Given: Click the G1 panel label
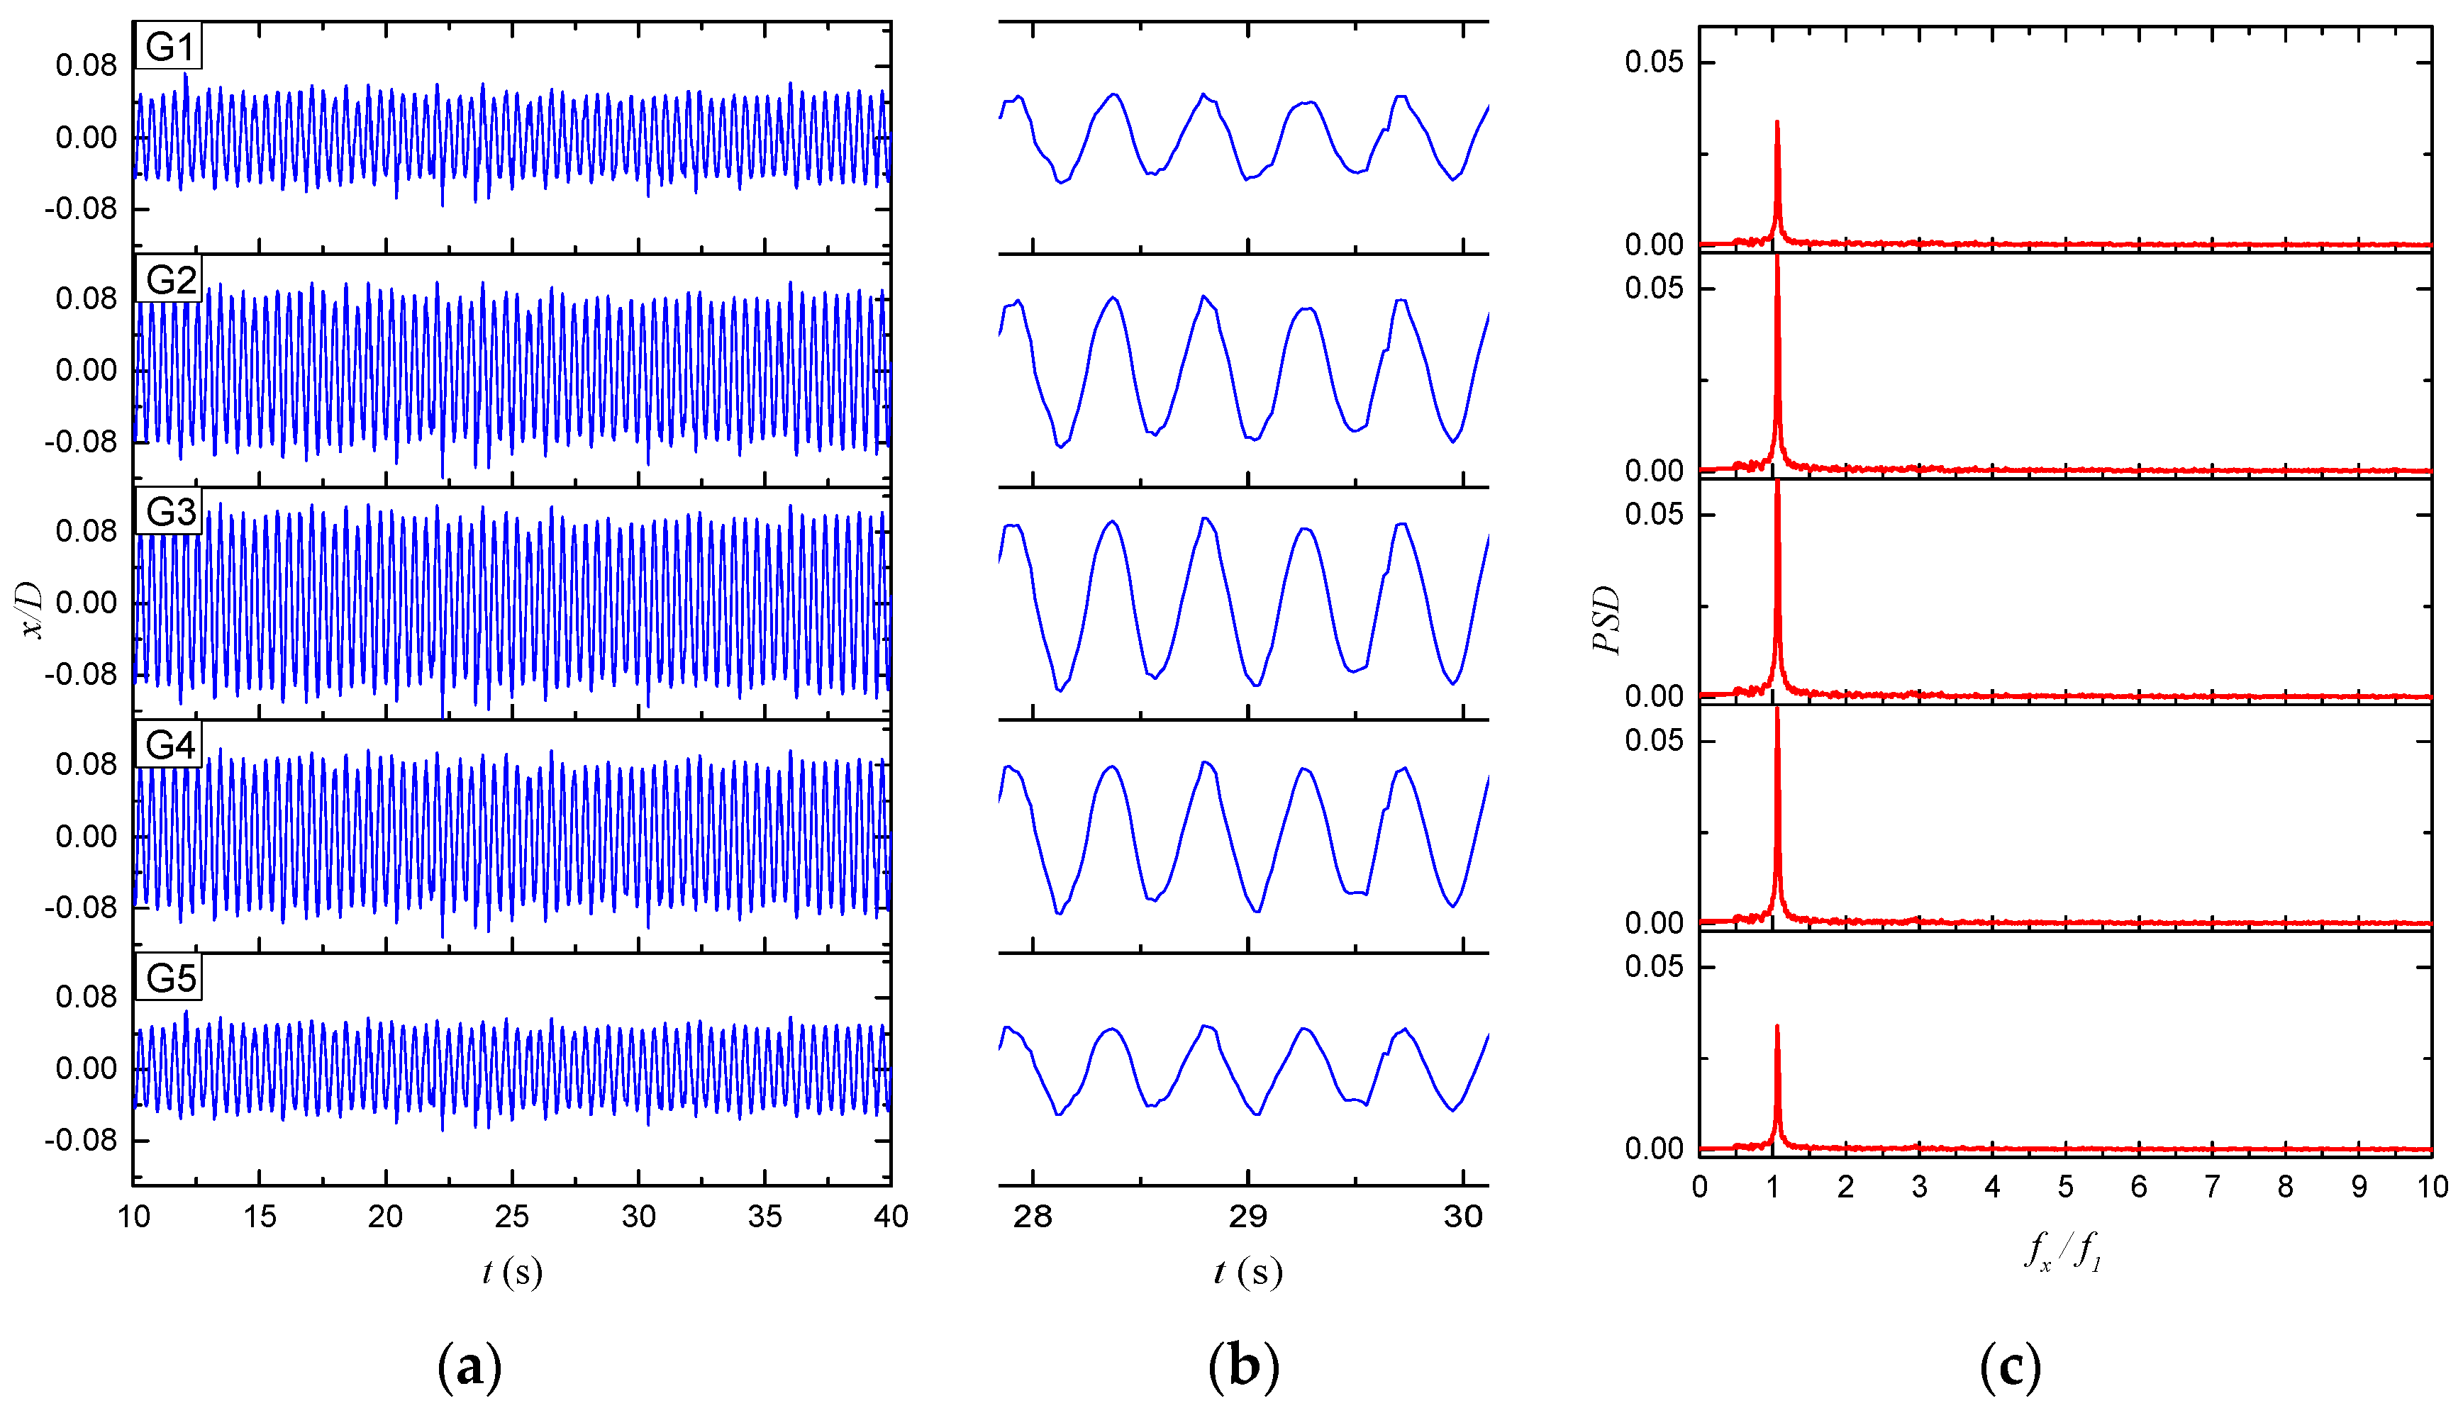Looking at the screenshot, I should [x=169, y=46].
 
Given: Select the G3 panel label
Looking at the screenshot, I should [x=169, y=512].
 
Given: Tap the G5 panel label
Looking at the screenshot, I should [x=169, y=978].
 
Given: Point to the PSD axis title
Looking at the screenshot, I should [x=1606, y=620].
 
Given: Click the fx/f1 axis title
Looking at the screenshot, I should [x=2062, y=1251].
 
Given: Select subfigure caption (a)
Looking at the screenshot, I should [x=470, y=1366].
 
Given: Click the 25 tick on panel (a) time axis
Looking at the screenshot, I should [x=511, y=1217].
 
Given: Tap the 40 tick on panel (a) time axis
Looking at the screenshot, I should [x=889, y=1217].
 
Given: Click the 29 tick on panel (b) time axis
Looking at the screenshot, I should [x=1247, y=1217].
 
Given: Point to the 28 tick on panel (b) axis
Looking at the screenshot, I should [x=1032, y=1217].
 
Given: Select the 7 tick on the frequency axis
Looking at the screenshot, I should [x=2211, y=1187].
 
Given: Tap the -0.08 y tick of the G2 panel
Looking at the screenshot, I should [x=82, y=442].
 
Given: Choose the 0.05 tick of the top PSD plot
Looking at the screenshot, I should [x=1654, y=62].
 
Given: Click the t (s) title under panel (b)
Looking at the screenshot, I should [x=1247, y=1272].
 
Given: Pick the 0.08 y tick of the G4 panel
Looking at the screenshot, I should [x=86, y=764].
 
